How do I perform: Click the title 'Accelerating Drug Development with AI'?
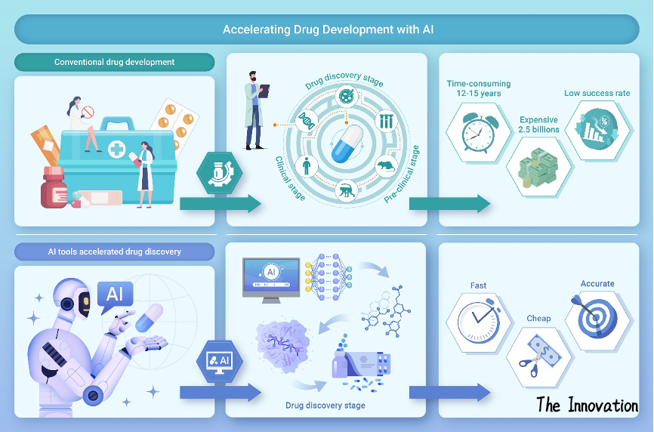(x=327, y=30)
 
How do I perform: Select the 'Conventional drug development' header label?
(x=114, y=62)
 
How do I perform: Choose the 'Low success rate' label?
(x=597, y=94)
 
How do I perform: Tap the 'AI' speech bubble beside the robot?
(x=115, y=294)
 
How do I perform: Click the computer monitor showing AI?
(x=271, y=279)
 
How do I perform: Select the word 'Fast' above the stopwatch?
(x=478, y=285)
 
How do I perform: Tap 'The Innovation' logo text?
(x=587, y=406)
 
